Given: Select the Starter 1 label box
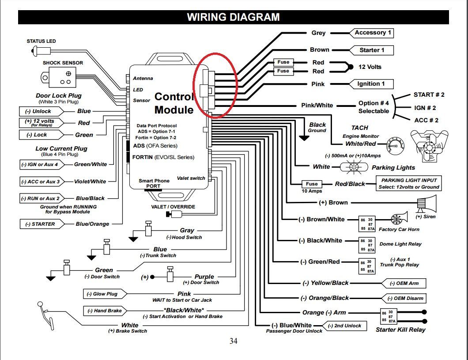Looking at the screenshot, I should pyautogui.click(x=371, y=50).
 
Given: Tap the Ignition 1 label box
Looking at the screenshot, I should pyautogui.click(x=370, y=83).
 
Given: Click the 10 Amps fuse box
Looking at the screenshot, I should pyautogui.click(x=311, y=184).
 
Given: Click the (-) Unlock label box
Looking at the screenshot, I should pyautogui.click(x=39, y=111).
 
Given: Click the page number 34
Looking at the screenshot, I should pyautogui.click(x=234, y=341).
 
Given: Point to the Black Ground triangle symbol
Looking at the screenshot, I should pyautogui.click(x=304, y=137).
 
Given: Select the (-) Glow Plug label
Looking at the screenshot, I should pyautogui.click(x=101, y=294).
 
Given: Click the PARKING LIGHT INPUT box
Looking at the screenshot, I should pyautogui.click(x=409, y=183).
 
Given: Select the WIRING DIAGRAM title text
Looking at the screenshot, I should pyautogui.click(x=233, y=17).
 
